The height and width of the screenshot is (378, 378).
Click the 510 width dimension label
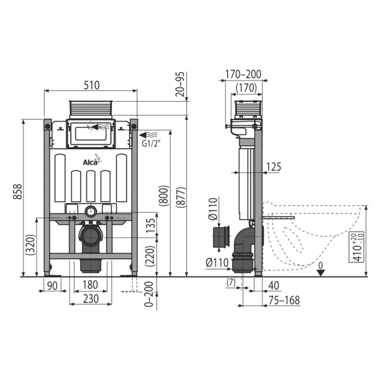tap(92, 85)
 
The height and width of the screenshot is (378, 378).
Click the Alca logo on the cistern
tap(91, 162)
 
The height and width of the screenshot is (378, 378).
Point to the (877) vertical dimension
tap(180, 198)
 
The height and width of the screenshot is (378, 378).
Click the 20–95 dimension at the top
tap(180, 84)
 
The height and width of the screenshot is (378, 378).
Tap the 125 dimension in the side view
tap(274, 167)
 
